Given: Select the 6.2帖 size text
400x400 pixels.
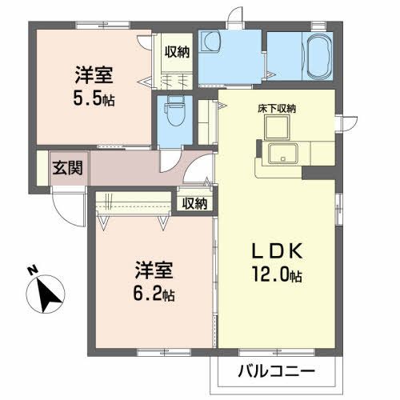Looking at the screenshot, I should point(151,294).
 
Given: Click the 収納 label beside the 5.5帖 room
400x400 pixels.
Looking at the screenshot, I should point(177,53).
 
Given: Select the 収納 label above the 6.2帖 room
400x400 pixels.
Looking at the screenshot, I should point(194,203).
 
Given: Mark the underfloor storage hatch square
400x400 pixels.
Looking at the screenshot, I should point(281,126).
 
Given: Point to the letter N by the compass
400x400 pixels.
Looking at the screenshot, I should point(30,270).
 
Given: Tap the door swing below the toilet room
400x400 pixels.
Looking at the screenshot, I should point(174,159).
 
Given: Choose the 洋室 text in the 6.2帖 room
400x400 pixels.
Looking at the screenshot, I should point(151,270).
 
